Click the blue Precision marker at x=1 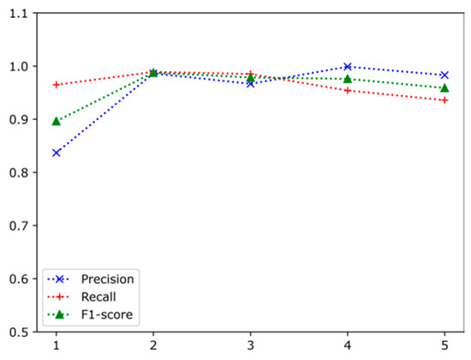coord(57,153)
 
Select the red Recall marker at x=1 coord(57,85)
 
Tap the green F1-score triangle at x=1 coord(57,121)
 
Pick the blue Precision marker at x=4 coord(347,66)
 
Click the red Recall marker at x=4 coord(347,90)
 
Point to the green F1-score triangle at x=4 coord(347,79)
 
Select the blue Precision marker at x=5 coord(444,75)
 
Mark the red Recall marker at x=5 coord(444,100)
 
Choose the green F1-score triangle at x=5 coord(444,87)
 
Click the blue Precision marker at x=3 coord(250,83)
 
